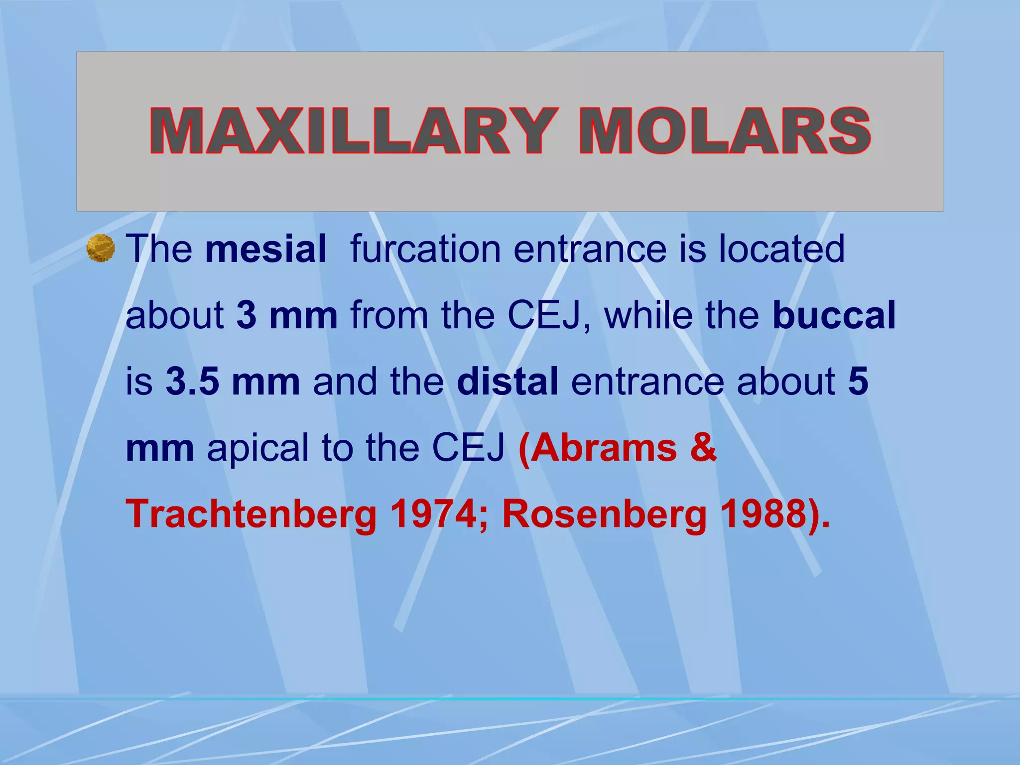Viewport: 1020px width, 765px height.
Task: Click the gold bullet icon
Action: tap(101, 248)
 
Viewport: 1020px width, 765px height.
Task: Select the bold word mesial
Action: tap(266, 249)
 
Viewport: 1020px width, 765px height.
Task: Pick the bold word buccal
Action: tap(834, 315)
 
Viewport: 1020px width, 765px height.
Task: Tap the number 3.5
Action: tap(192, 382)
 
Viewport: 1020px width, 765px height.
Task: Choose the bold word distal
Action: tap(508, 382)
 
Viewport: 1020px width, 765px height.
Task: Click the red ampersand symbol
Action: tap(704, 447)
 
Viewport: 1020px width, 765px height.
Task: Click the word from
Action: tap(389, 315)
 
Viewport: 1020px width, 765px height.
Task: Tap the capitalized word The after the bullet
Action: tap(159, 249)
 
